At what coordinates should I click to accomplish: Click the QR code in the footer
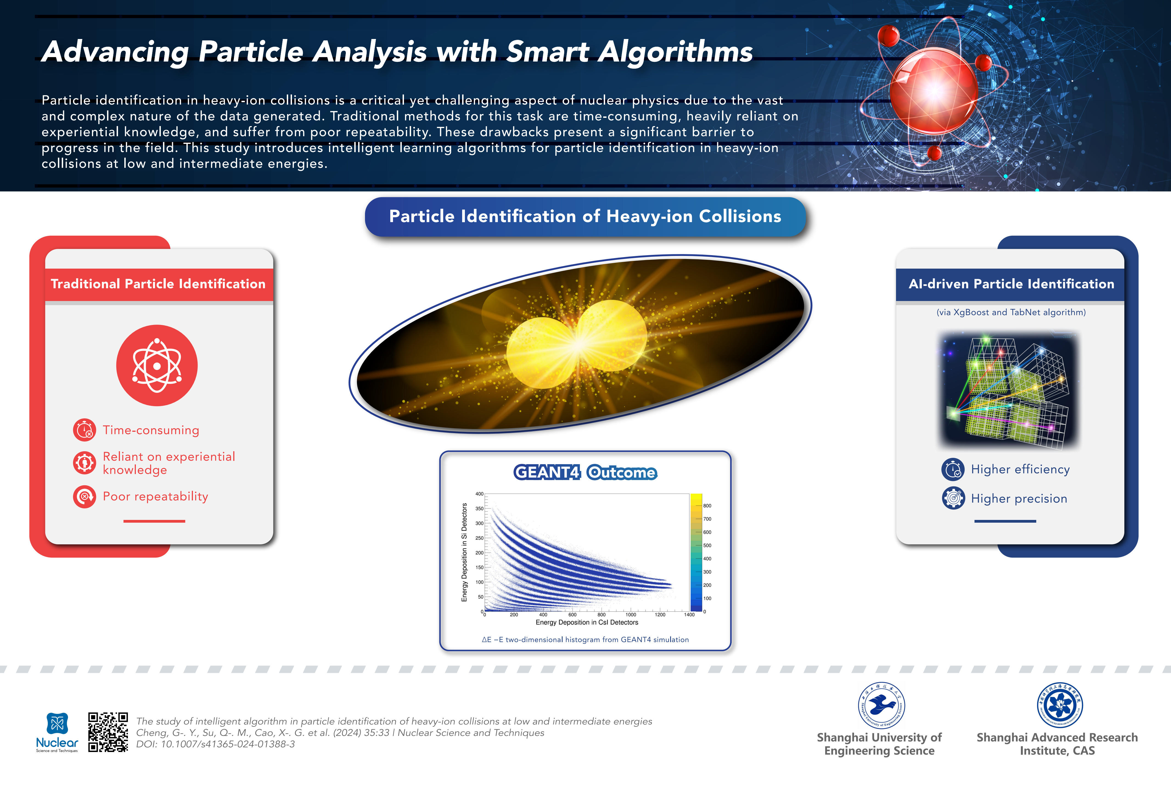[x=108, y=732]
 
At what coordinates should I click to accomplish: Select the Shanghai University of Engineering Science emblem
[x=881, y=705]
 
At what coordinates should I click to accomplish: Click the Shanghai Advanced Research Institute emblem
[x=1060, y=705]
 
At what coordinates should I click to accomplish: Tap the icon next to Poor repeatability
[x=84, y=497]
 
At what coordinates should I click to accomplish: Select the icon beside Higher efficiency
[x=953, y=469]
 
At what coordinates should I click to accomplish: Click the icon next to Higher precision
[x=953, y=498]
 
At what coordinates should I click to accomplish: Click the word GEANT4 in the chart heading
[x=547, y=472]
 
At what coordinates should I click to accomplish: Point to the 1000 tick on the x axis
[x=631, y=615]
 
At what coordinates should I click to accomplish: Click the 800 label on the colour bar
[x=707, y=506]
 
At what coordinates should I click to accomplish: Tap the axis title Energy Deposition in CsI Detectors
[x=587, y=623]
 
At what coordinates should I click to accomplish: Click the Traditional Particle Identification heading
[x=158, y=284]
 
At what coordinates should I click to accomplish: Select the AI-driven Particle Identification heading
[x=1011, y=284]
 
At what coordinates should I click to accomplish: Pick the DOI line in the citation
[x=216, y=744]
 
